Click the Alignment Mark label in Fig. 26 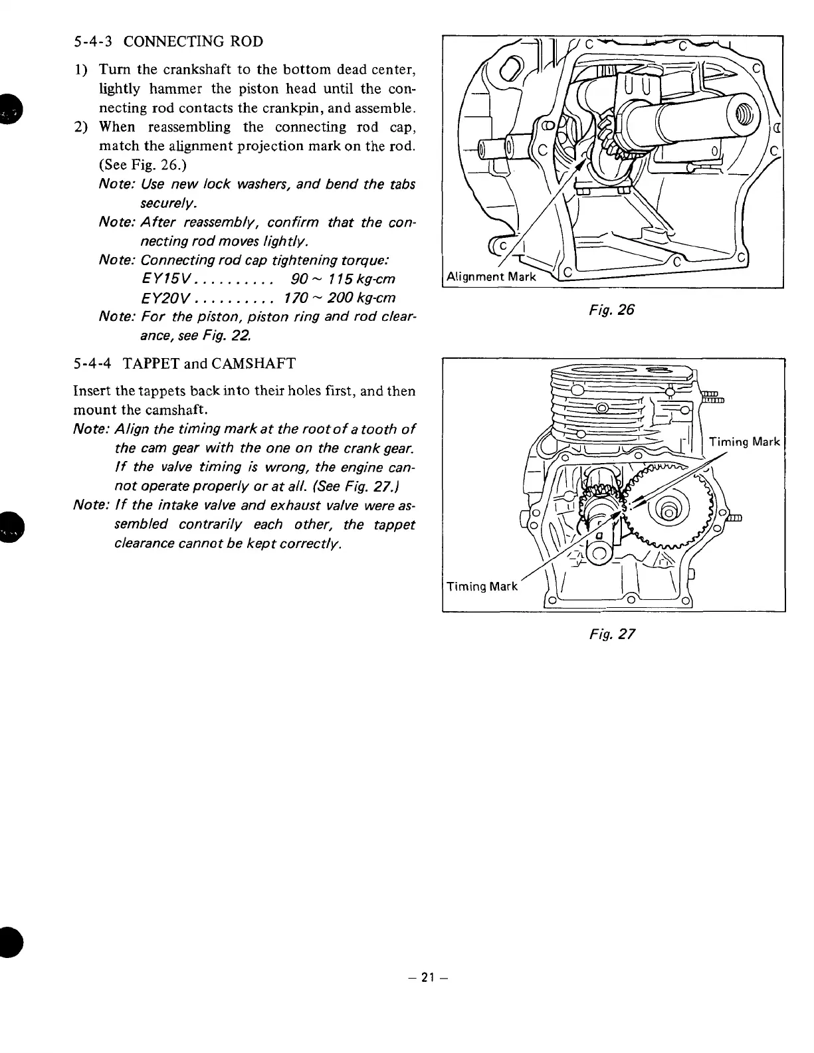tap(491, 276)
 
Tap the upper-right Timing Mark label tap(744, 442)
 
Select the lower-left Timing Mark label tap(482, 586)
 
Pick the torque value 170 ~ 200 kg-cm tap(340, 297)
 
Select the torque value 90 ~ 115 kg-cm tap(344, 278)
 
